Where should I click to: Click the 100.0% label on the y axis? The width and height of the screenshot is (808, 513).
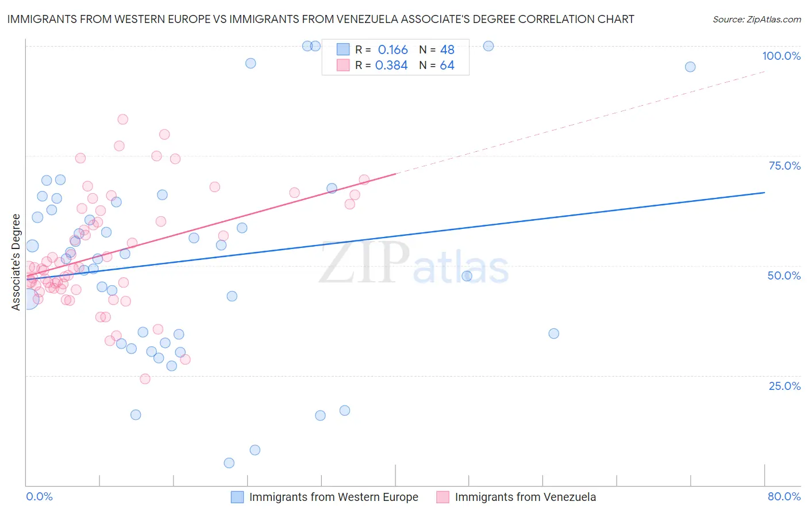tap(781, 56)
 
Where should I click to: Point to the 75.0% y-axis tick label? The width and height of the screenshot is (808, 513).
tap(784, 166)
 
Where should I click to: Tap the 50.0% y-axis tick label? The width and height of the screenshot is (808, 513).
tap(784, 275)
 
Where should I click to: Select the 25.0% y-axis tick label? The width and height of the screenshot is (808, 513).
tap(784, 385)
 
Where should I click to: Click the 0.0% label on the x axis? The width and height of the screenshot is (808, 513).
tap(39, 496)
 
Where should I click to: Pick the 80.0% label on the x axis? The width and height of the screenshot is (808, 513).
tap(784, 496)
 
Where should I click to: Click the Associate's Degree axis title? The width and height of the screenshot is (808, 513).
tap(16, 262)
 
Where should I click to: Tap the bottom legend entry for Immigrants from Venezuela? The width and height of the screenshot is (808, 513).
tap(525, 497)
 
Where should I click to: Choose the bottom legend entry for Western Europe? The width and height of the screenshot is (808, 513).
tap(333, 497)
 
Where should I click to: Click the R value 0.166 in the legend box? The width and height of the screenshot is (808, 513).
tap(393, 50)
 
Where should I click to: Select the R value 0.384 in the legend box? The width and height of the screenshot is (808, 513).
tap(391, 66)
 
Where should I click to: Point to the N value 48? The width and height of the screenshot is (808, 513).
tap(447, 50)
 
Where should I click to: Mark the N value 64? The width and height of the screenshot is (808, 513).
tap(447, 66)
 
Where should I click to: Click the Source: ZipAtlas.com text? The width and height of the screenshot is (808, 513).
tap(756, 20)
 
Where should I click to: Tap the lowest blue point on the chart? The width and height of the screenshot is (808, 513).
tap(229, 463)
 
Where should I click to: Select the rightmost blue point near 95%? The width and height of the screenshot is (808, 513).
tap(690, 67)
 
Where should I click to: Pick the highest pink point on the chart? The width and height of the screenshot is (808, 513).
tap(122, 120)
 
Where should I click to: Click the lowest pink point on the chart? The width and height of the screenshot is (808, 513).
tap(145, 379)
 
